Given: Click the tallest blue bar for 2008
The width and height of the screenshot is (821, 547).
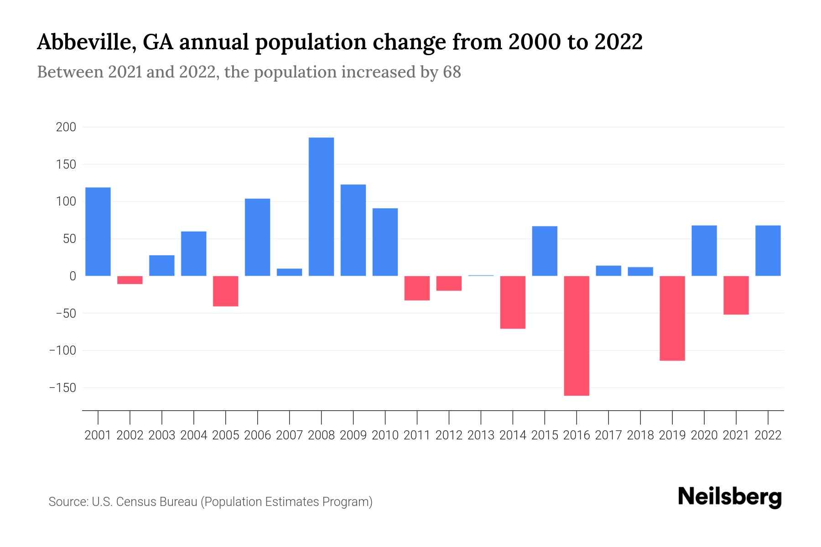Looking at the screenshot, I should [x=321, y=206].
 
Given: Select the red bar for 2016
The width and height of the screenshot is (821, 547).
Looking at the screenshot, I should [x=577, y=335].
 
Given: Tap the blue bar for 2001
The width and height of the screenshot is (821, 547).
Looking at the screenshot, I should [x=98, y=232].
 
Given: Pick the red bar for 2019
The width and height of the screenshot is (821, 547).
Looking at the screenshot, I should [x=672, y=318].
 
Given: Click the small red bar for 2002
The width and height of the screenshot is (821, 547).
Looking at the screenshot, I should [x=130, y=280].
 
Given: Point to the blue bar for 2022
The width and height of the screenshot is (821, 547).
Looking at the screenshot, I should [x=768, y=251].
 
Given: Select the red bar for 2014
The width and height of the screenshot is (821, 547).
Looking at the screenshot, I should [x=513, y=302].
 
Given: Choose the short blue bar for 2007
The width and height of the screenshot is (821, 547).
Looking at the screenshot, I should [x=289, y=272].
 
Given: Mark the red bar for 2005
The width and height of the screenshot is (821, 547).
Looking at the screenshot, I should [x=226, y=291].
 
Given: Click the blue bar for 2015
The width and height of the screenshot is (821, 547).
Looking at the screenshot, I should [x=545, y=251].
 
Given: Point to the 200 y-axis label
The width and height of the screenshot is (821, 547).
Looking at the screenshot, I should [x=66, y=127].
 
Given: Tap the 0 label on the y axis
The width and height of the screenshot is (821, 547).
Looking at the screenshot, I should [x=73, y=276].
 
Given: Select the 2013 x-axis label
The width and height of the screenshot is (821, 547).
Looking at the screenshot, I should [x=481, y=435].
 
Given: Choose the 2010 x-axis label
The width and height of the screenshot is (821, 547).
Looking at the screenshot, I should [x=385, y=435].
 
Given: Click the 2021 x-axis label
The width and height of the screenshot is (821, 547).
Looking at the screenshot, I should [x=736, y=435].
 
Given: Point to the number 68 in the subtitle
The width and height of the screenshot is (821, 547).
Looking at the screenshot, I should [x=452, y=72].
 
